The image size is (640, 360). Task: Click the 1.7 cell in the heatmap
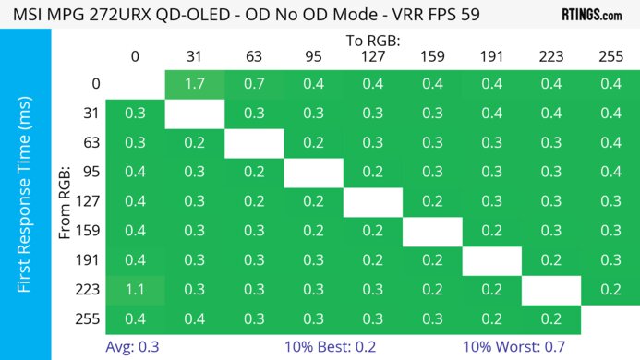point(194,84)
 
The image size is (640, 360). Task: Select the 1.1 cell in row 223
point(135,288)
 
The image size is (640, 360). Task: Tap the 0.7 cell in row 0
point(253,84)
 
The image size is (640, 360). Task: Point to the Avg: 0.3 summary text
point(139,347)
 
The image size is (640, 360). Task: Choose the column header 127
point(373,57)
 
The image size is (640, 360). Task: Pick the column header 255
point(610,57)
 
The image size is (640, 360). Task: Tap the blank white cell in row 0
point(135,84)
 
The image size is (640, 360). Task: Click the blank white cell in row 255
point(610,318)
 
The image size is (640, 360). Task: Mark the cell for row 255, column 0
point(135,318)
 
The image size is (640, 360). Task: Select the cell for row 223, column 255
point(610,288)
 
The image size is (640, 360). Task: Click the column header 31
point(194,57)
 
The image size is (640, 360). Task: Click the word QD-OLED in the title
point(206,16)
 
